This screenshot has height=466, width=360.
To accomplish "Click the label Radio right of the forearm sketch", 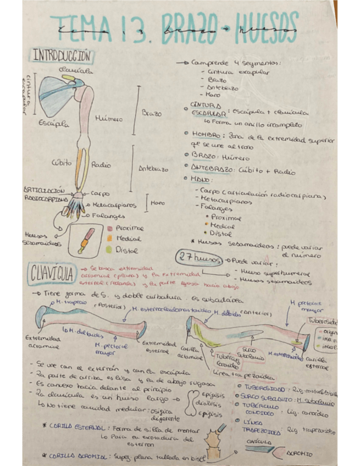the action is [x=101, y=164].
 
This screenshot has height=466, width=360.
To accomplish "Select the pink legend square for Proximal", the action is [x=109, y=227].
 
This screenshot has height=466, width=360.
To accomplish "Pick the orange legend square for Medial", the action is [x=109, y=238].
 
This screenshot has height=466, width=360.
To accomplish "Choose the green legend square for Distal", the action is [x=109, y=248].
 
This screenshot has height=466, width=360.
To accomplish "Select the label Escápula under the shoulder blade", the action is [x=54, y=124].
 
